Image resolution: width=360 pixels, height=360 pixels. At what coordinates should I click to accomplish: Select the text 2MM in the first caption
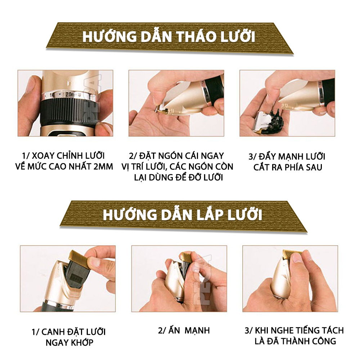click(103, 166)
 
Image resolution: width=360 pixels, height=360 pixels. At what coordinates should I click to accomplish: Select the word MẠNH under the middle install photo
click(197, 330)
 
